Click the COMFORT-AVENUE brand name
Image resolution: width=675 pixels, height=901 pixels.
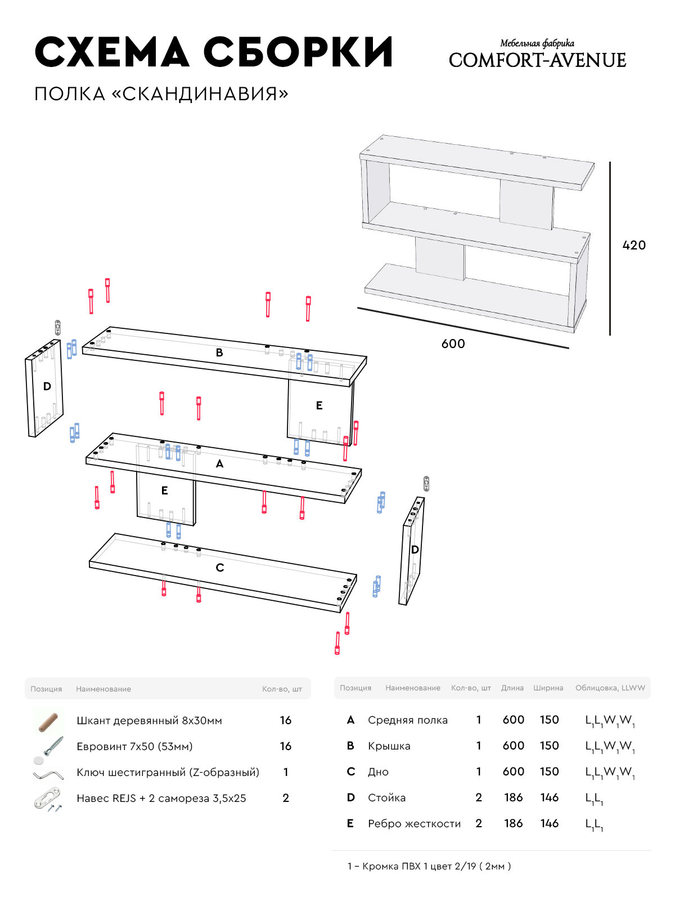pos(537,60)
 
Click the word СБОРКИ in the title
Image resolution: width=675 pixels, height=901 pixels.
pos(298,52)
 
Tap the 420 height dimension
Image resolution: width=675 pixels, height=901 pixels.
pos(634,245)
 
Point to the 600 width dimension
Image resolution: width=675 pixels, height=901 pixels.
pos(453,344)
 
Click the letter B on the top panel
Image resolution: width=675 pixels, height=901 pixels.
pos(219,353)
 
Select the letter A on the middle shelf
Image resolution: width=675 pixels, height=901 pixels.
pos(219,463)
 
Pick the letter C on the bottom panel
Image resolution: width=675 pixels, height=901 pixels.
pos(220,568)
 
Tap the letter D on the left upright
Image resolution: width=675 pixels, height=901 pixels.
pos(47,386)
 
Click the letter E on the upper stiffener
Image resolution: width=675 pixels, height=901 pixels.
pos(319,405)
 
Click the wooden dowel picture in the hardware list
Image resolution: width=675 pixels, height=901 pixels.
pos(48,721)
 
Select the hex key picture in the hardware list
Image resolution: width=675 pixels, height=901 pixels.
pos(47,774)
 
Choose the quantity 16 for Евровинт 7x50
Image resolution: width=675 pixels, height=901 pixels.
pos(286,746)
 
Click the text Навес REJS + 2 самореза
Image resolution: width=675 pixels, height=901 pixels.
pos(161,798)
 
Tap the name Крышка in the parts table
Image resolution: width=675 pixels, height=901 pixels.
pos(389,746)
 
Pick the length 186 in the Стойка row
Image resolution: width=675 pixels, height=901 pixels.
pos(514,797)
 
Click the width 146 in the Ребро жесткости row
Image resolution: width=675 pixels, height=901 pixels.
pos(550,823)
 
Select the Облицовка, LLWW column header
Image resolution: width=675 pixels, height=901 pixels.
pos(610,688)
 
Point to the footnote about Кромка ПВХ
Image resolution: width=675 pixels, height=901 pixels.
pos(429,866)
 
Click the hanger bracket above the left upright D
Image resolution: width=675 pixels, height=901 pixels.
pos(57,327)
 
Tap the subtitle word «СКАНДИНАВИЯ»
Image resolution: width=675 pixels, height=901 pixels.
pos(200,93)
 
